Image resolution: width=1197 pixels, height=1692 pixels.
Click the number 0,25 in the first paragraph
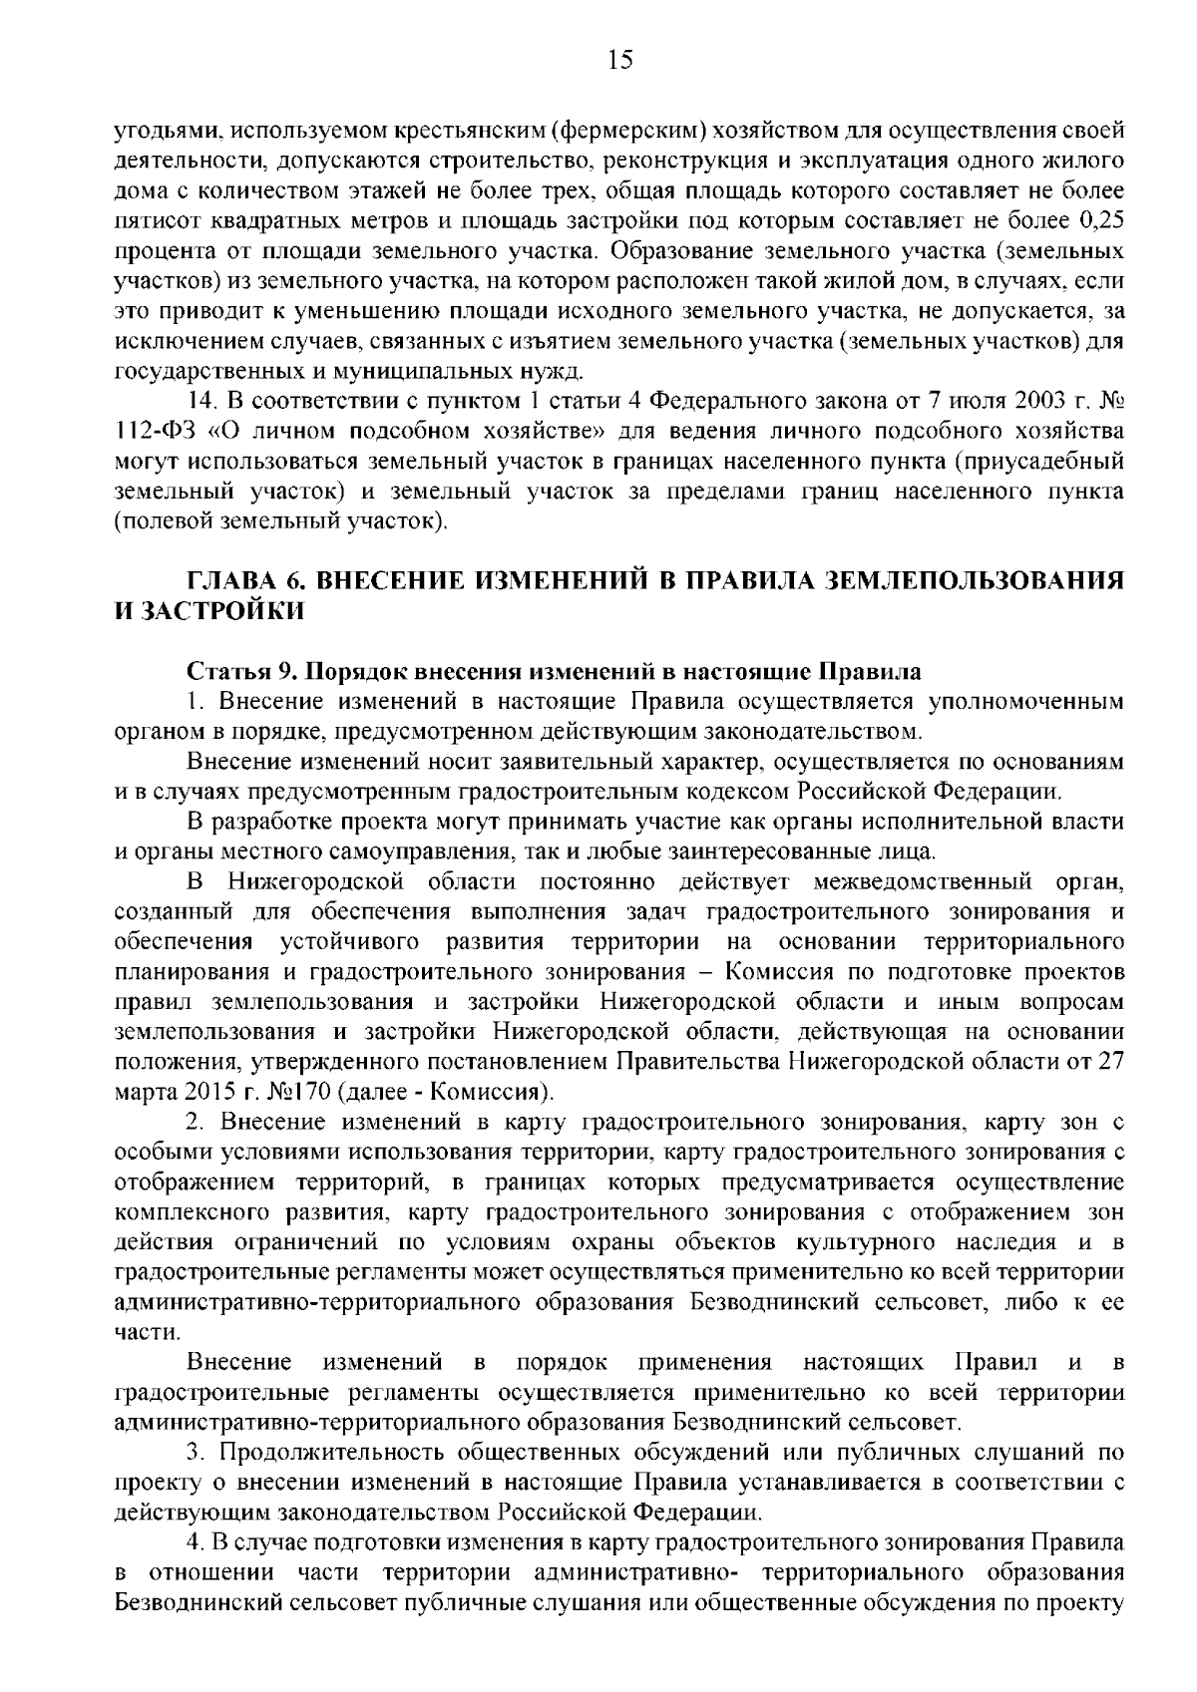click(1102, 219)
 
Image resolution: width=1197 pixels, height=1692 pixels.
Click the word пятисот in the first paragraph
click(150, 219)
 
